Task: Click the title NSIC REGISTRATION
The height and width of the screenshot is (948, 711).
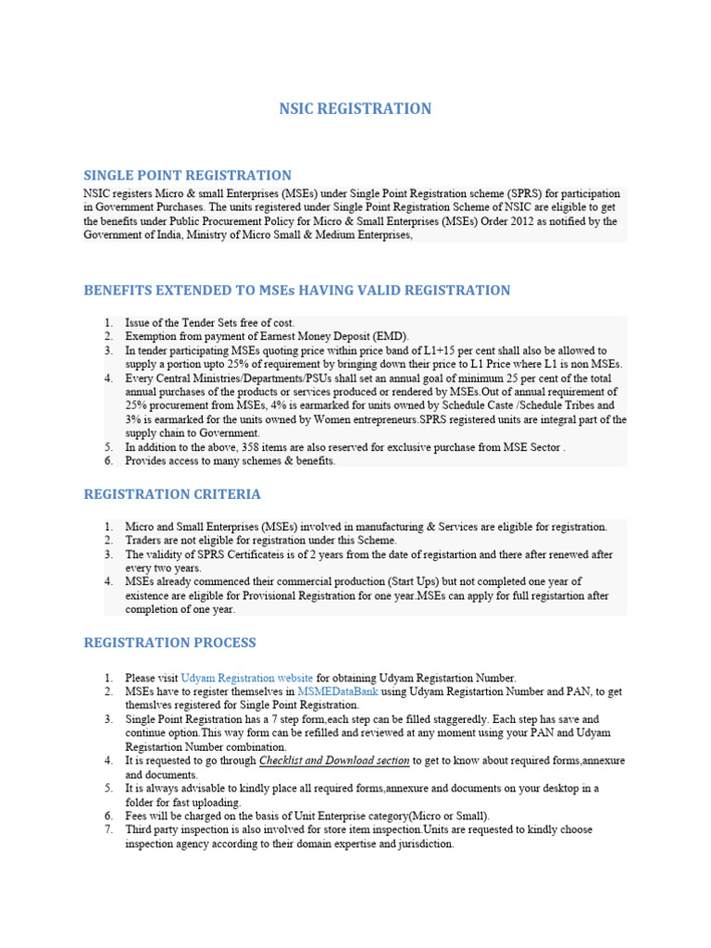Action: [x=355, y=109]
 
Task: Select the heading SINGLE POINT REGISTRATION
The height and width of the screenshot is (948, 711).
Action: [x=188, y=175]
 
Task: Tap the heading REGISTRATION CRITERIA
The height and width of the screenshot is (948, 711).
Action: [x=172, y=494]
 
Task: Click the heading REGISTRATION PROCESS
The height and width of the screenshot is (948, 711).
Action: [x=170, y=642]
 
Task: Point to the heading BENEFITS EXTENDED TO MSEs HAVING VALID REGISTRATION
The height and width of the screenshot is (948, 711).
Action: [x=297, y=291]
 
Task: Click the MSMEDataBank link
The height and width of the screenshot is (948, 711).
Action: [x=337, y=692]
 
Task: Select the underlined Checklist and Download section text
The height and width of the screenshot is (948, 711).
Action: [x=333, y=761]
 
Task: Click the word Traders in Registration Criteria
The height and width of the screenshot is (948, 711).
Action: [x=145, y=540]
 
